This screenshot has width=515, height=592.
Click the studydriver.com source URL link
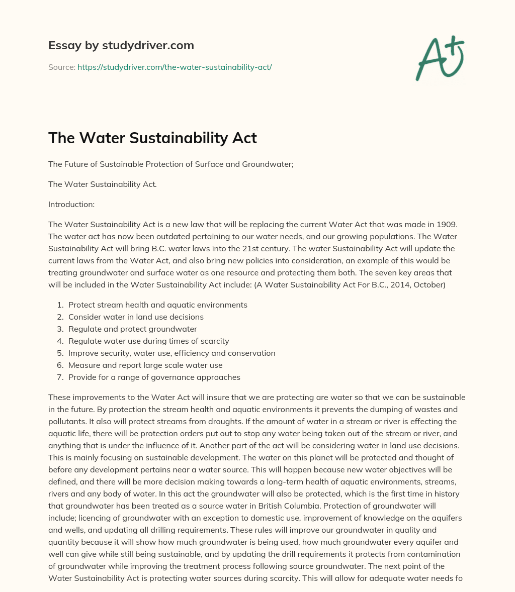coord(175,67)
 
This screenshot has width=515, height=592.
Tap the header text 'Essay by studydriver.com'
coord(121,45)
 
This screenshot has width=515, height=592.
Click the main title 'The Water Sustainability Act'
coord(152,138)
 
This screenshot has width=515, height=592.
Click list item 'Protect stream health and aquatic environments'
coord(157,305)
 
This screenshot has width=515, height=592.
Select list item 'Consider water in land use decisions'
coord(136,317)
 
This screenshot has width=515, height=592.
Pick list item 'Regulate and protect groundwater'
coord(132,329)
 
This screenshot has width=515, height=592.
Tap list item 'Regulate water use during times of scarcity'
coord(148,341)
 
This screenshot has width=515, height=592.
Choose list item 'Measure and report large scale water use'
coord(145,365)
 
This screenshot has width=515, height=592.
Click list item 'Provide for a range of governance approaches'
coord(154,377)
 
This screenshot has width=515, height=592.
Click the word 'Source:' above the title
coord(61,67)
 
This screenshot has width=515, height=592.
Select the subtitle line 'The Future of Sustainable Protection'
coord(170,164)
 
